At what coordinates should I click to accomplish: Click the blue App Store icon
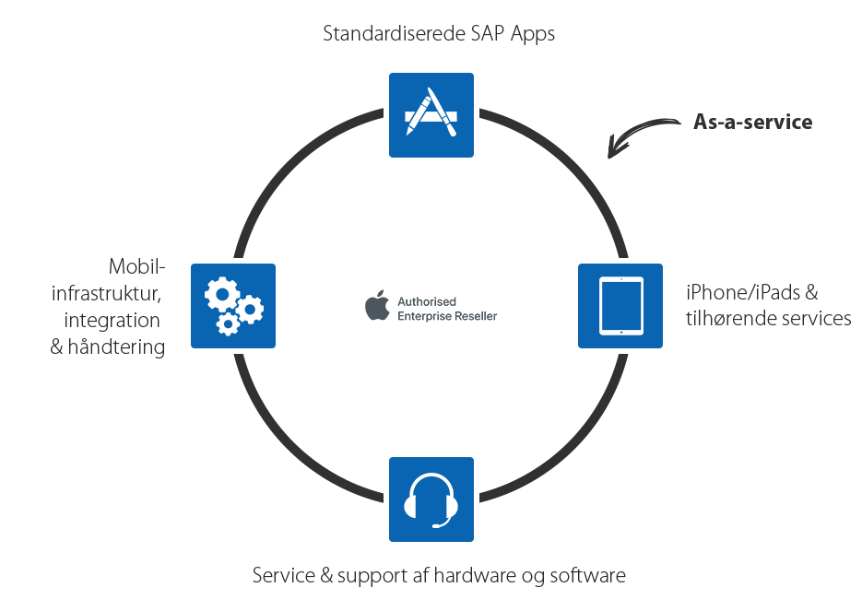[431, 115]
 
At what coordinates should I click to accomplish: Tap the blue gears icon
[234, 307]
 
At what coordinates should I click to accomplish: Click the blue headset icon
[431, 498]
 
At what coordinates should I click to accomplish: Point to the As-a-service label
[752, 122]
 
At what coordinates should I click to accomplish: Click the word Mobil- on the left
[137, 267]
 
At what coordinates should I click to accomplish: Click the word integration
[112, 321]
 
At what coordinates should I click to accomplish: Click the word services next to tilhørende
[815, 319]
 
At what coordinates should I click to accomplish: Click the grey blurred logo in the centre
[431, 306]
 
